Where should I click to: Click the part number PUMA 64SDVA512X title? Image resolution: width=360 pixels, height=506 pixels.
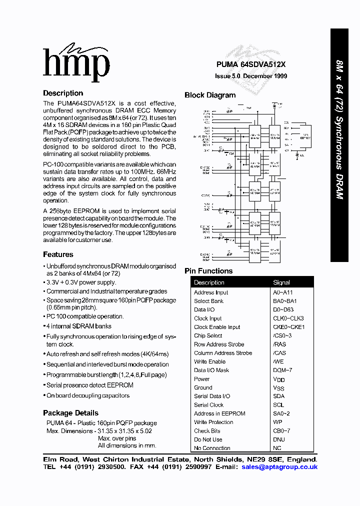(x=250, y=64)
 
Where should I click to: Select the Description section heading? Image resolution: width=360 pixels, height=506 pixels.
(x=63, y=93)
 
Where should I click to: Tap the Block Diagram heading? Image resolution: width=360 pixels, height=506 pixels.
(x=210, y=95)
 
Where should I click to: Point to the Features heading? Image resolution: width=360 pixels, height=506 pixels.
(x=58, y=254)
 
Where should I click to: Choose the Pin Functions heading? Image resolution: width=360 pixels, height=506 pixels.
(x=208, y=271)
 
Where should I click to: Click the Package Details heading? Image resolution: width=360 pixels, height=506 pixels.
(x=70, y=413)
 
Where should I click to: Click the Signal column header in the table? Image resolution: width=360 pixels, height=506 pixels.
(x=281, y=282)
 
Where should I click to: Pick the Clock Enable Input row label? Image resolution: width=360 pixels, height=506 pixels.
(x=217, y=327)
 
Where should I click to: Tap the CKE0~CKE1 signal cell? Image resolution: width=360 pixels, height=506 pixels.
(x=288, y=327)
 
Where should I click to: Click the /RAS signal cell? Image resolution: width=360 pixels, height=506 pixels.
(x=279, y=344)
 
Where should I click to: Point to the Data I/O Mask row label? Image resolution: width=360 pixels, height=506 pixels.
(x=211, y=370)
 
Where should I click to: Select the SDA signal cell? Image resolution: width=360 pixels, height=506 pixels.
(x=278, y=396)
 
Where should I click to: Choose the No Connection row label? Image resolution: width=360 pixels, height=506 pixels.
(x=212, y=448)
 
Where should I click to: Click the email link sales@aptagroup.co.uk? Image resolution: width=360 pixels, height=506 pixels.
(x=279, y=467)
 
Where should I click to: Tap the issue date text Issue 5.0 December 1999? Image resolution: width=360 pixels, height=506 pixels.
(x=251, y=76)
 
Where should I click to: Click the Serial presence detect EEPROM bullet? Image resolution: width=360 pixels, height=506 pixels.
(x=90, y=385)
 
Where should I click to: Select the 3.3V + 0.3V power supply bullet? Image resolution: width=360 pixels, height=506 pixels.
(x=81, y=282)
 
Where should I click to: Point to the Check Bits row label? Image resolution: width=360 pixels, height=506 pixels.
(x=207, y=431)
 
